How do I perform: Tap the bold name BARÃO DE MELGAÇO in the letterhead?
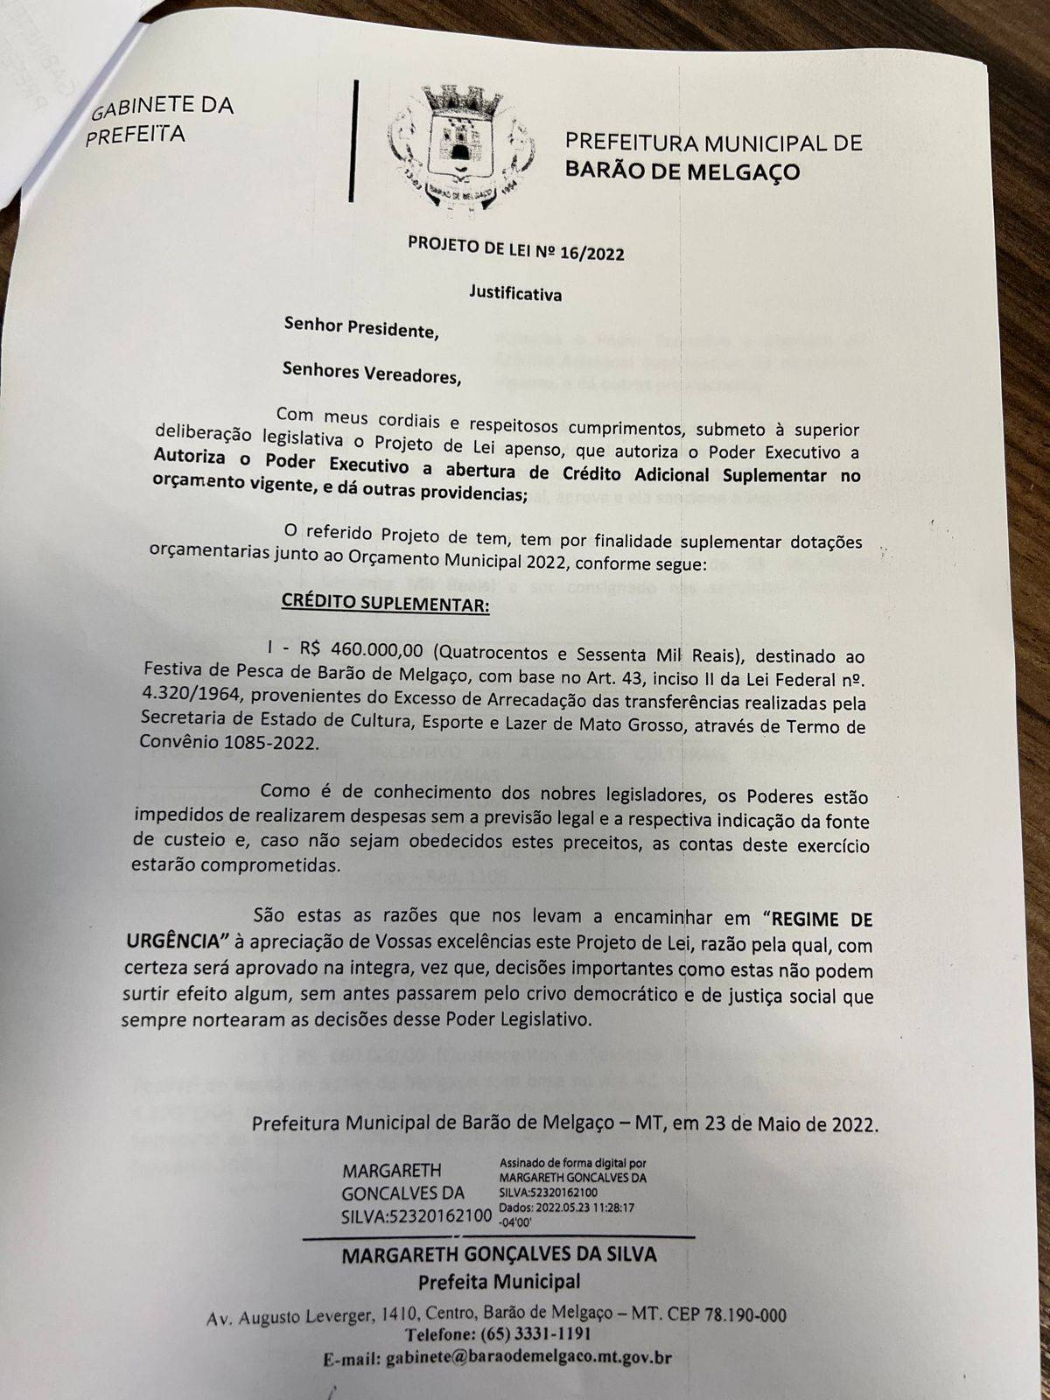(682, 171)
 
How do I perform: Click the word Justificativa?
(515, 294)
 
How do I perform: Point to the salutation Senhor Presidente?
(359, 330)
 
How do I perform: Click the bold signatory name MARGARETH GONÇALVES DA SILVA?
(499, 1254)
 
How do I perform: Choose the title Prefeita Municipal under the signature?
(499, 1282)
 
